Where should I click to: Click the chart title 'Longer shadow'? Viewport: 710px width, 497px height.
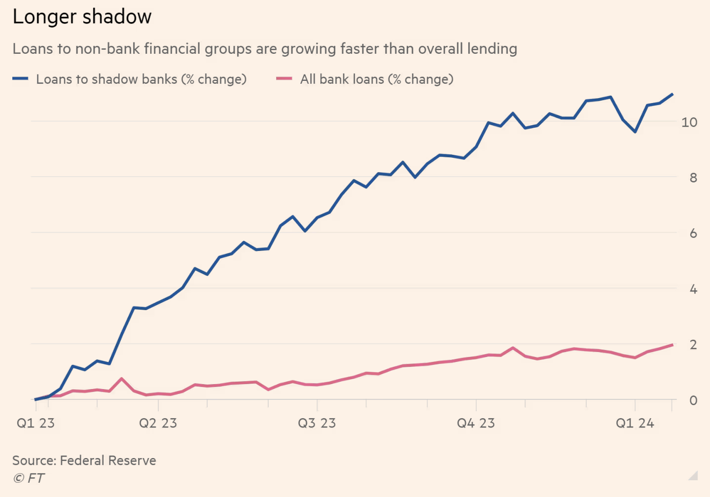click(x=82, y=17)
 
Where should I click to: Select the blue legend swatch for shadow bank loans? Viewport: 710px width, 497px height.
click(x=20, y=79)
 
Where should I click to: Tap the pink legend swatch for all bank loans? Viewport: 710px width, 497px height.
click(x=284, y=79)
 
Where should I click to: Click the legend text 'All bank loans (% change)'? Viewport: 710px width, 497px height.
click(x=377, y=79)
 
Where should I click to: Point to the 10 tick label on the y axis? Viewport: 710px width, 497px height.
click(x=689, y=122)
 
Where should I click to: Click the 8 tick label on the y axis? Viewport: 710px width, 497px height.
click(x=693, y=178)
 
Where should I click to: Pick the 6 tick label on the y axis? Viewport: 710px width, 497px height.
click(x=693, y=234)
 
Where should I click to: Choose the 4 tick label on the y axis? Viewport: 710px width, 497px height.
click(x=693, y=289)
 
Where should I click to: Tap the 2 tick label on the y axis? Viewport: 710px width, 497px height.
click(x=693, y=345)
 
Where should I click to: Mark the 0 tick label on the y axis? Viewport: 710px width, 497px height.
click(x=693, y=401)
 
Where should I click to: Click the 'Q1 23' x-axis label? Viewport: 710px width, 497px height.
click(x=35, y=424)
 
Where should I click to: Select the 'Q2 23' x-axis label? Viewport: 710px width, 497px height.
click(x=158, y=424)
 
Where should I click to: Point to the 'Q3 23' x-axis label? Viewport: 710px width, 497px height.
click(x=317, y=424)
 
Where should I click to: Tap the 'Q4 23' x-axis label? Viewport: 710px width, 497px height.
click(x=476, y=424)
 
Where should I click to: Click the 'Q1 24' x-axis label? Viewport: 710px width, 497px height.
click(x=635, y=424)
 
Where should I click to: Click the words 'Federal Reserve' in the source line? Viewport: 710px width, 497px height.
click(x=108, y=461)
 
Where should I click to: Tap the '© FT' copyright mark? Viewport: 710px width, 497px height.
click(x=29, y=478)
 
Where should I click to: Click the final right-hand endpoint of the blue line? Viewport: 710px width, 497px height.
click(x=673, y=94)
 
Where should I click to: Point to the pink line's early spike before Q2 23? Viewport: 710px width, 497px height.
click(x=122, y=379)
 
